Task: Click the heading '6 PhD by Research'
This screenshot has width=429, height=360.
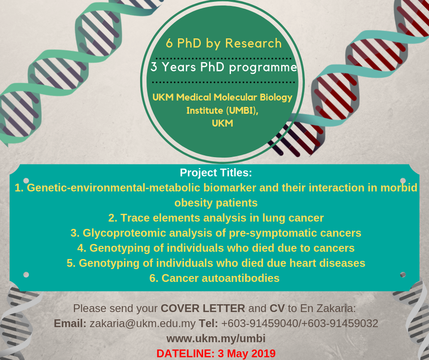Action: pos(224,43)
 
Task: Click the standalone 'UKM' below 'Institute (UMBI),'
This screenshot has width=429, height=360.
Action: pos(222,123)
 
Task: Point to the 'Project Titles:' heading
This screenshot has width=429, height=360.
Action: pos(216,173)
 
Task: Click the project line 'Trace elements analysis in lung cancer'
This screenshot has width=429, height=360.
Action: pos(216,218)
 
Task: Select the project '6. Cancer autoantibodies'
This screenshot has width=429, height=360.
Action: pos(214,278)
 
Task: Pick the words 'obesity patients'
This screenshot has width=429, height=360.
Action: pos(216,203)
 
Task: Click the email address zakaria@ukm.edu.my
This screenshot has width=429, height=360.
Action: pos(142,323)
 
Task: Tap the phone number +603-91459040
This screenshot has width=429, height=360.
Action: pos(259,323)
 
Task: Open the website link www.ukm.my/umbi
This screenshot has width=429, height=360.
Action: pos(216,339)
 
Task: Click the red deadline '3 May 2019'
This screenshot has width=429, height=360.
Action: pos(246,354)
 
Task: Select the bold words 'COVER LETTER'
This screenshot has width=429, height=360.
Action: pos(203,308)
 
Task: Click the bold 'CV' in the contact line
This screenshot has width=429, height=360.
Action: pos(277,308)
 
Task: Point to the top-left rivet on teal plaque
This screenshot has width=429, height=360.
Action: pos(26,180)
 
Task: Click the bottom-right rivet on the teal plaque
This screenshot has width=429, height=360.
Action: pos(403,275)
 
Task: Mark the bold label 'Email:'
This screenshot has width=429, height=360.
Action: pos(70,323)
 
